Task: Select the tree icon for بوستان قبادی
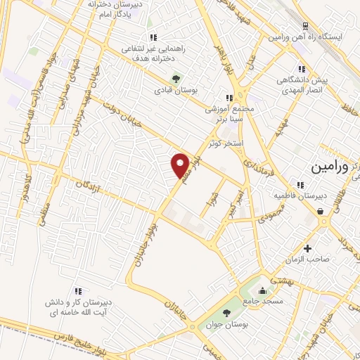175,78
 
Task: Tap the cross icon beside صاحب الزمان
307,248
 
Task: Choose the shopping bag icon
321,211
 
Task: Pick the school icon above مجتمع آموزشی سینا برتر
228,98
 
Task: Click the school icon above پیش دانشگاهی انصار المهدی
302,69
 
